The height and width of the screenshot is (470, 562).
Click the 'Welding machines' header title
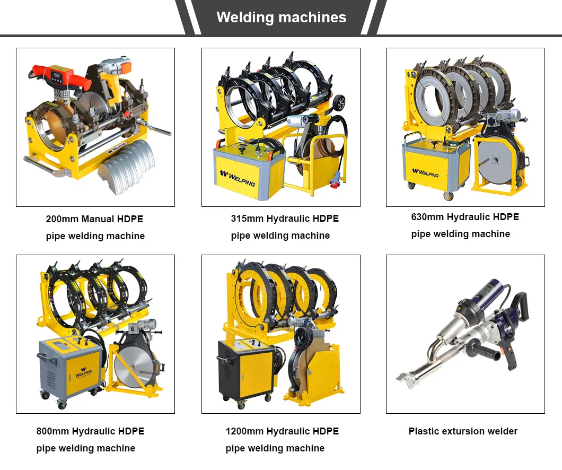[281, 17]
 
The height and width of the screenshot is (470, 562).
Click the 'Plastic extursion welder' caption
[463, 431]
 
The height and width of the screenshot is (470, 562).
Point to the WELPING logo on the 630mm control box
[425, 172]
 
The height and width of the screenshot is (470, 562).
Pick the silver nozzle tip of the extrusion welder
[406, 377]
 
